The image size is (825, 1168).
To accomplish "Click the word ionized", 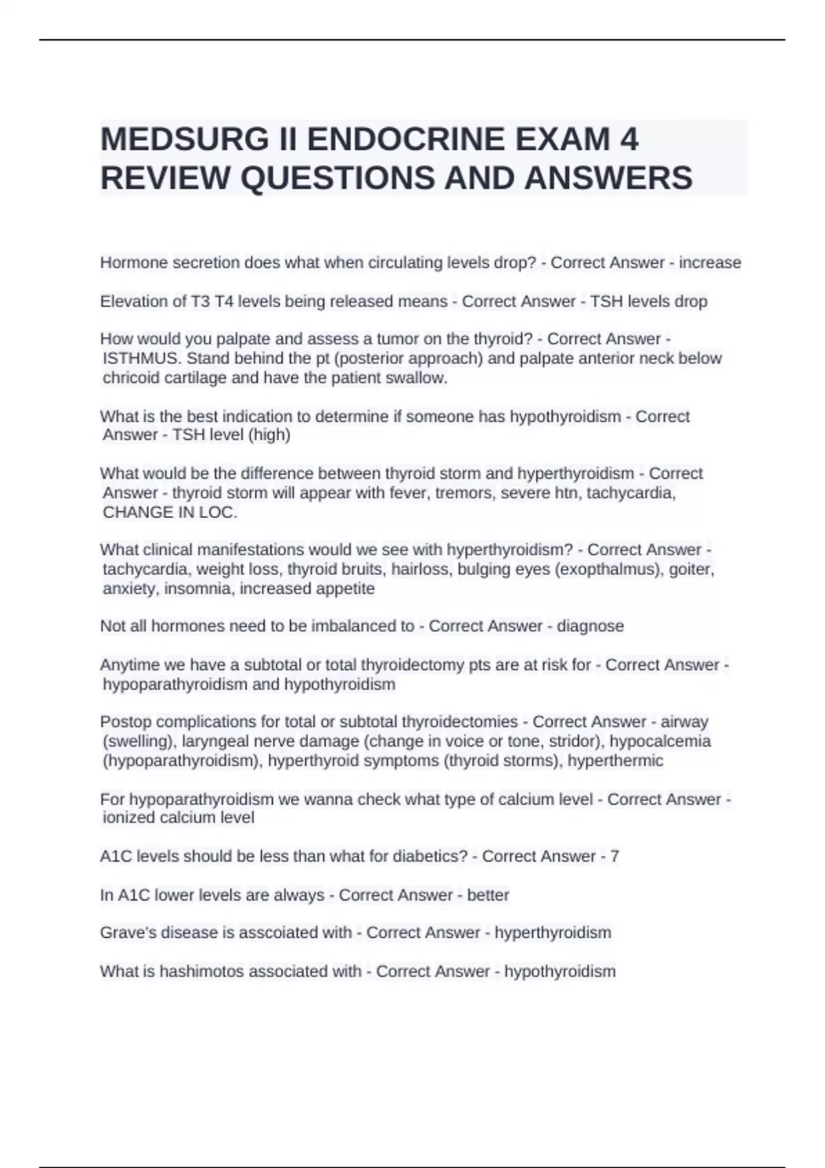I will pyautogui.click(x=129, y=818).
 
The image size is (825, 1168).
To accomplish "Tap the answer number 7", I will pyautogui.click(x=615, y=856).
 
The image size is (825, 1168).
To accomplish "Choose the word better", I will pyautogui.click(x=488, y=895).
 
